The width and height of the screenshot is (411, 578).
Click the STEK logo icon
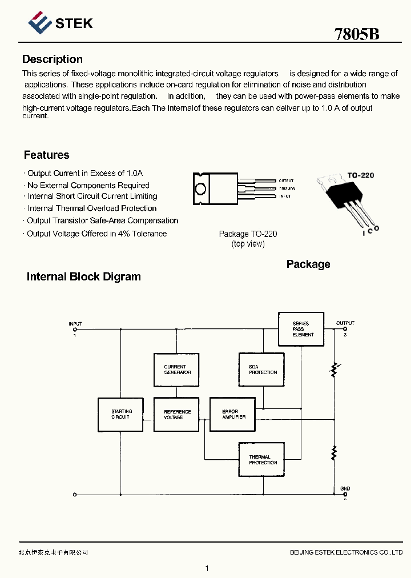click(x=40, y=23)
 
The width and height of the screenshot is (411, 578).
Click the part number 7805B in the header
click(x=357, y=34)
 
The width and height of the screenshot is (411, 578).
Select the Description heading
click(x=53, y=59)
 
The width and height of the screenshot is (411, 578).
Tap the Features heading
click(x=47, y=155)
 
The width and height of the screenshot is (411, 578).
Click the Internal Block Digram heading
click(x=84, y=277)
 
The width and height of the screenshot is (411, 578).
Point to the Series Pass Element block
click(x=301, y=329)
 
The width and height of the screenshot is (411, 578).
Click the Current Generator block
click(x=177, y=370)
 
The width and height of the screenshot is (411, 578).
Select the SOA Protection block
click(x=261, y=370)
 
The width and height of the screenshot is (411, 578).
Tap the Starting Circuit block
click(x=120, y=414)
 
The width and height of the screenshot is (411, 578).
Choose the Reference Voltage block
click(x=177, y=415)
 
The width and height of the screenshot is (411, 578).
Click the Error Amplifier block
click(x=232, y=414)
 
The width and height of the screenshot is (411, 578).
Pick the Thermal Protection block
click(x=261, y=460)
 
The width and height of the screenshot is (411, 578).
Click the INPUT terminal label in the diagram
click(x=75, y=324)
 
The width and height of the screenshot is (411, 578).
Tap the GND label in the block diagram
click(x=345, y=489)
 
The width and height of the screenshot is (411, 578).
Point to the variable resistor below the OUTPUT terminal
click(x=334, y=371)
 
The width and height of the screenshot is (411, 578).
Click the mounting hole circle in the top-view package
click(x=200, y=188)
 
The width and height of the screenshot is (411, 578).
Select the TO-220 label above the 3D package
click(x=361, y=175)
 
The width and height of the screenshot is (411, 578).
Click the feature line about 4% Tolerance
click(x=96, y=234)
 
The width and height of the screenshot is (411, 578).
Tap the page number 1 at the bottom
click(x=207, y=568)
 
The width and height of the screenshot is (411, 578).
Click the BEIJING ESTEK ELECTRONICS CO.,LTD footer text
click(x=346, y=552)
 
